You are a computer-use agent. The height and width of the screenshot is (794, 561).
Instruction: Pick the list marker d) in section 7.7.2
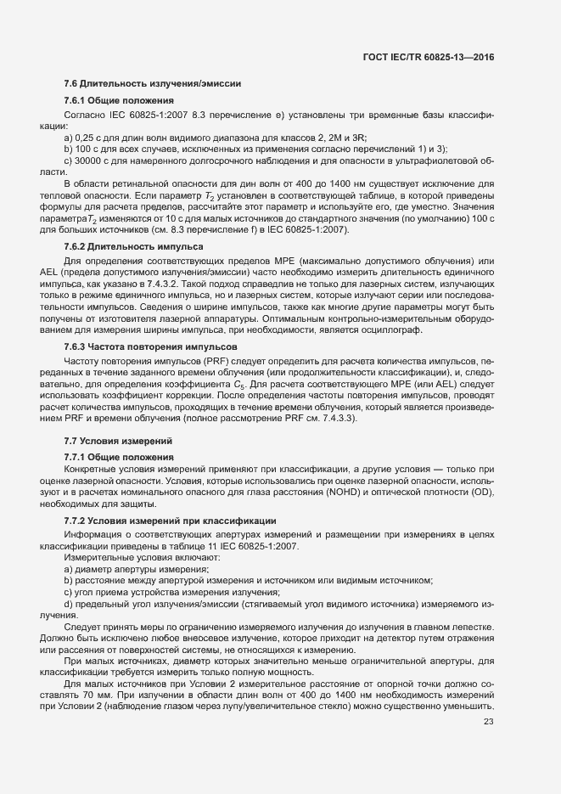(x=68, y=604)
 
